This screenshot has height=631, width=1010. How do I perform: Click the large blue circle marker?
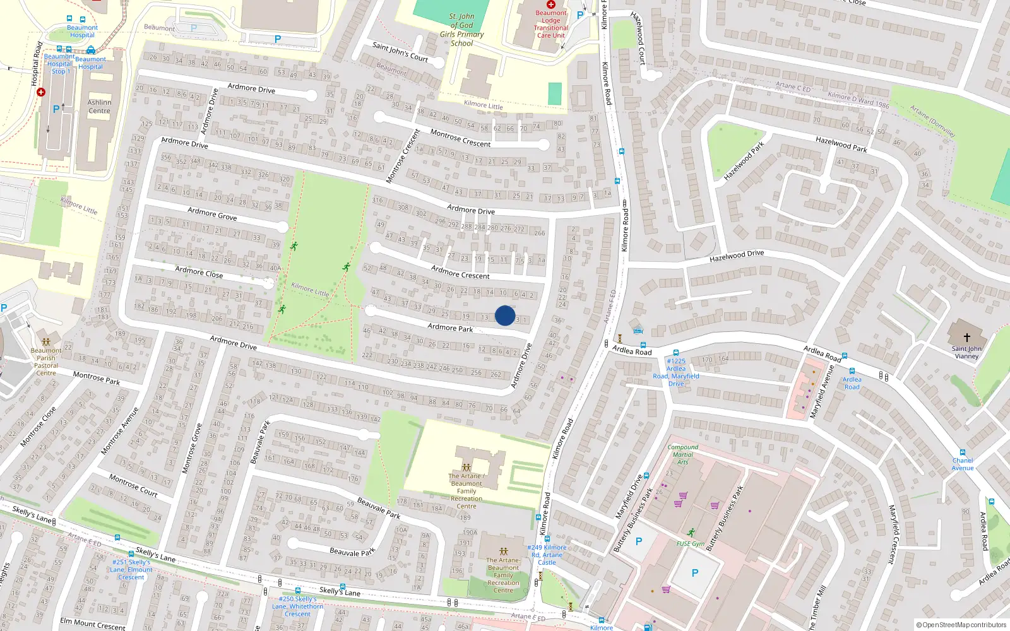pyautogui.click(x=505, y=315)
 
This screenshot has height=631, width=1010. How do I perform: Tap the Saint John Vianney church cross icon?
pyautogui.click(x=966, y=338)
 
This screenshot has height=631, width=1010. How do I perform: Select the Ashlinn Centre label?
pyautogui.click(x=99, y=107)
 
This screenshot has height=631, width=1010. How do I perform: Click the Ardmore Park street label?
pyautogui.click(x=450, y=327)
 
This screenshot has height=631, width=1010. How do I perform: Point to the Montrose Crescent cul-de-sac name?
pyautogui.click(x=460, y=139)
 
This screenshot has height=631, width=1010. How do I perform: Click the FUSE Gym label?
pyautogui.click(x=691, y=543)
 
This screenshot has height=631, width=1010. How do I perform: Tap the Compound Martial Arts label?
pyautogui.click(x=682, y=454)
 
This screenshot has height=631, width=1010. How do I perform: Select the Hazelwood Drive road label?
pyautogui.click(x=736, y=256)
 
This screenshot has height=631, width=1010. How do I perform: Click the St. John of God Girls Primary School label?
pyautogui.click(x=462, y=30)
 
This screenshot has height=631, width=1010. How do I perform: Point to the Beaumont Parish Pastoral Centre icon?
pyautogui.click(x=45, y=341)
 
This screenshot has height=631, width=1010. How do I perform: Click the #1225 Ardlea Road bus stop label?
pyautogui.click(x=675, y=372)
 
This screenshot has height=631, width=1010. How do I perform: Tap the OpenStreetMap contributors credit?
pyautogui.click(x=961, y=625)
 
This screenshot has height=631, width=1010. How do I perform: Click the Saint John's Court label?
pyautogui.click(x=400, y=52)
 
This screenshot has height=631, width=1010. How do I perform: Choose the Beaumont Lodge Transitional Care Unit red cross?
pyautogui.click(x=550, y=4)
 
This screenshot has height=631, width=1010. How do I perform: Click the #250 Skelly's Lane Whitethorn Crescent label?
pyautogui.click(x=297, y=606)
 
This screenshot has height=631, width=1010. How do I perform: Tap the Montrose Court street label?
pyautogui.click(x=133, y=485)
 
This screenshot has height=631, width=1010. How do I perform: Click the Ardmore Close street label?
pyautogui.click(x=199, y=272)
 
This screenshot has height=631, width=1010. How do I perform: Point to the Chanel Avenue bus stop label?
pyautogui.click(x=963, y=464)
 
